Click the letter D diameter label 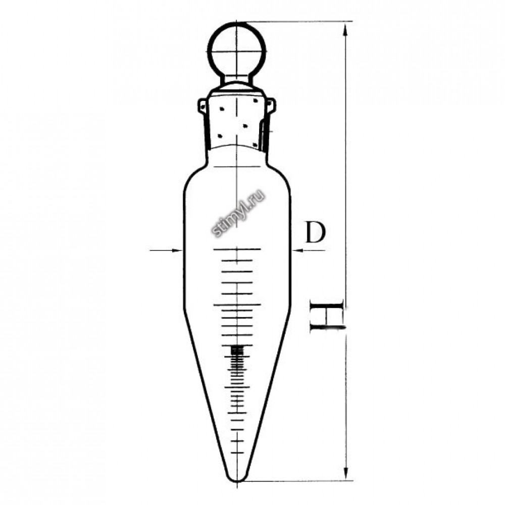(x=315, y=232)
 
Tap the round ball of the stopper (x=237, y=52)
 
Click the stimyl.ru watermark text (x=238, y=213)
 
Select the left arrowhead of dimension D (x=177, y=250)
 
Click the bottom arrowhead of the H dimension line (x=346, y=474)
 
